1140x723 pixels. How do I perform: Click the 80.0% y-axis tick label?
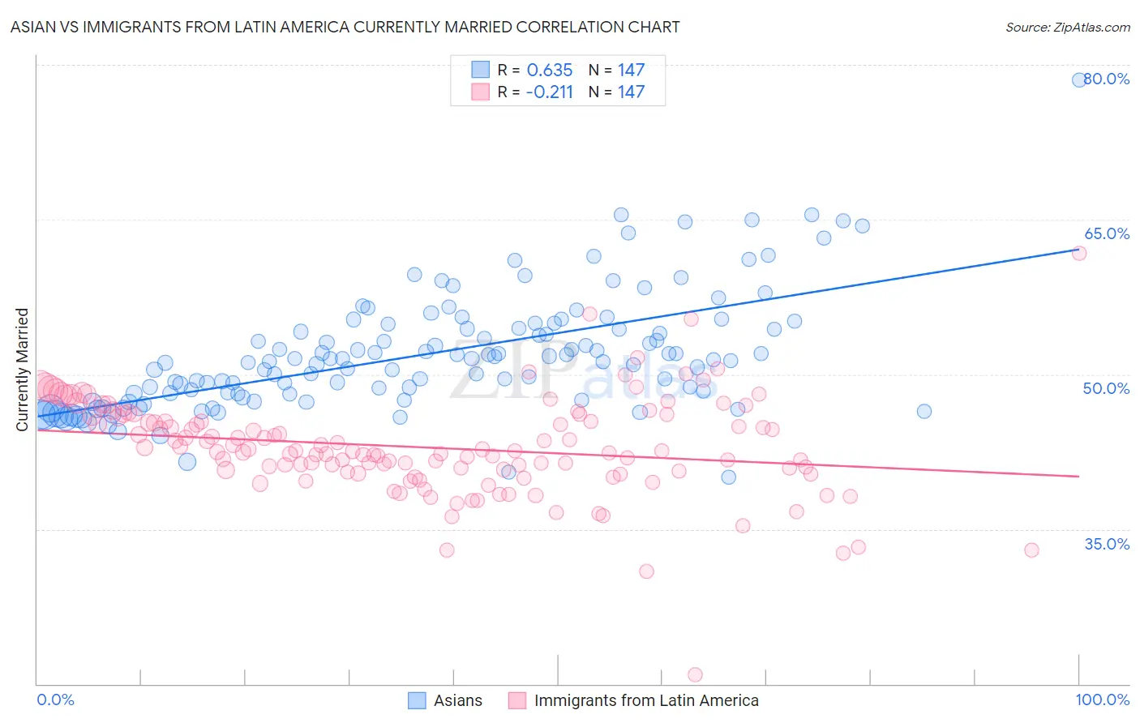[1107, 79]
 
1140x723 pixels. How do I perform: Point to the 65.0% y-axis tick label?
[1107, 233]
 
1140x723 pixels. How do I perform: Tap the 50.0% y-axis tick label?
[1107, 388]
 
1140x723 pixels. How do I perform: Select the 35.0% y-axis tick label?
[1107, 544]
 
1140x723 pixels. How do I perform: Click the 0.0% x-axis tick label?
[55, 699]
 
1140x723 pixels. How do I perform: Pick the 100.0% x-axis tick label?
[1102, 699]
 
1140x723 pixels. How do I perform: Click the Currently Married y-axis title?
[22, 370]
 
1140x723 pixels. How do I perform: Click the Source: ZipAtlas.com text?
[1067, 27]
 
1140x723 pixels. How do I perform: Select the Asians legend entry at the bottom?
[457, 700]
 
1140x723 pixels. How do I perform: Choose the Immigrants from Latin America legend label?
[646, 700]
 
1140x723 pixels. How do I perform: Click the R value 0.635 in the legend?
[549, 71]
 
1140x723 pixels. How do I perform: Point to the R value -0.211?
[549, 92]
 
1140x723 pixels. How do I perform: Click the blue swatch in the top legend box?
[480, 71]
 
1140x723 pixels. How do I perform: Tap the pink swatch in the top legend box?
[480, 92]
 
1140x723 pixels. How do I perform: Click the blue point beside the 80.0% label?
[1079, 79]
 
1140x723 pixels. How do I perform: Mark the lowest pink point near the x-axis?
[695, 674]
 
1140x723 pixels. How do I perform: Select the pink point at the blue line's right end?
[1079, 253]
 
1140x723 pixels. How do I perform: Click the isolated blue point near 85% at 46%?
[924, 411]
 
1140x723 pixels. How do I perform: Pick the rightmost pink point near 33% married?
[1031, 550]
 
